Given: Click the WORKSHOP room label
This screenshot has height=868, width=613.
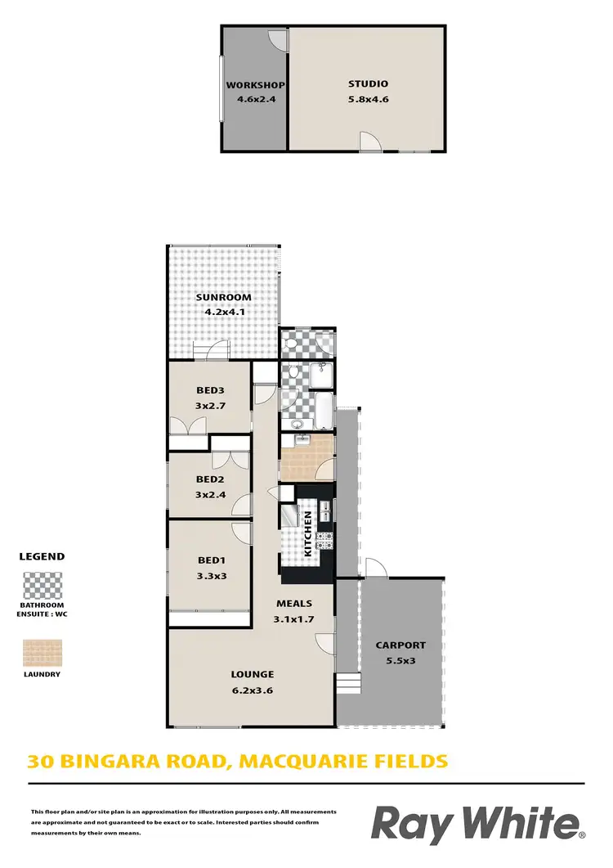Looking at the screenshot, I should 255,85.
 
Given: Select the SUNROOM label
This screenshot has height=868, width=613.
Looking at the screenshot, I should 223,297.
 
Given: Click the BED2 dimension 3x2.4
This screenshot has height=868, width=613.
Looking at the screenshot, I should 210,494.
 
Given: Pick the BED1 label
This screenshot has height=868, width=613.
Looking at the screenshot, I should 210,560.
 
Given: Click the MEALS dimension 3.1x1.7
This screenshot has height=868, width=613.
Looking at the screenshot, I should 294,618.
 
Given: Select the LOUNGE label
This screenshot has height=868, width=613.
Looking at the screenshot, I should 252,674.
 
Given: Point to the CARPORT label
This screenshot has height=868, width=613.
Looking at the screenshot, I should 400,645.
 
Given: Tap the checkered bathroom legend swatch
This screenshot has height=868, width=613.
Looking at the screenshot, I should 42,587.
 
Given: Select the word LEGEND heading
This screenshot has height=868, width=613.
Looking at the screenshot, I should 42,556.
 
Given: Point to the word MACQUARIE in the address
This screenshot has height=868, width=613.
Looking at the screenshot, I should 295,762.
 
